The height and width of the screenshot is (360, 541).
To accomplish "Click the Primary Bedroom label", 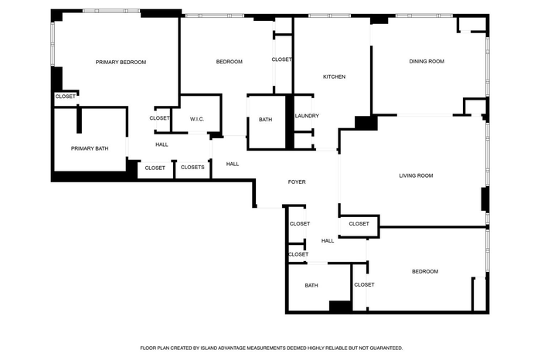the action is pos(121,62).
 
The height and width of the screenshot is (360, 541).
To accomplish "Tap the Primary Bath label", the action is pos(90,148).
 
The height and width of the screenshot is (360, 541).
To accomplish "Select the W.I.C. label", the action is pos(197,119).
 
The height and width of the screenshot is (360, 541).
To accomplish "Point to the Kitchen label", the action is pos(334,76).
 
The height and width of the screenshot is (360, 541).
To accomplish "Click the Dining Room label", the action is pos(427,61).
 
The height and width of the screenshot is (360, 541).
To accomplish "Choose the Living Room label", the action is pos(416,175).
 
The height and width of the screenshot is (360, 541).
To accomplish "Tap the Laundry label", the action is pos(307,116).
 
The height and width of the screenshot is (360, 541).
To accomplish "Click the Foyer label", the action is pos(297,182).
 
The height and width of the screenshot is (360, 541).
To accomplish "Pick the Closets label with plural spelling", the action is pos(192,167).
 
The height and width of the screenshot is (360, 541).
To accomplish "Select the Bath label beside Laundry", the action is pos(265,119).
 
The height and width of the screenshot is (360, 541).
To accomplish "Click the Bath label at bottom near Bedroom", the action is pos(311,285).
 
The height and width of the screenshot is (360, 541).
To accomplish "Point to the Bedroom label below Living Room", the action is pos(425,271).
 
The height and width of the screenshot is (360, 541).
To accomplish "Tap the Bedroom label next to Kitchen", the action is pos(229,62).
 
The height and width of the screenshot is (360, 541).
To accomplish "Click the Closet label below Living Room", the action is pos(359,224).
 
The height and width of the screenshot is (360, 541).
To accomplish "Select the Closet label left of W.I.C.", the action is pos(159,118).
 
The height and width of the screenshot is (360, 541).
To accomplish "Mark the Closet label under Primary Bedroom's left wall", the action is pos(65,97).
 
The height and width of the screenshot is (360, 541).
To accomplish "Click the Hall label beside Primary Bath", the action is pos(162,144).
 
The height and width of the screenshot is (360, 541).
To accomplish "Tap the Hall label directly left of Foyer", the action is pos(232,164).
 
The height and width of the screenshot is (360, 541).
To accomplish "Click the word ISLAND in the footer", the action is pos(209,348).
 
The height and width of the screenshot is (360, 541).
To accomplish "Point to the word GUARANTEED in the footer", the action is pos(386,348).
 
